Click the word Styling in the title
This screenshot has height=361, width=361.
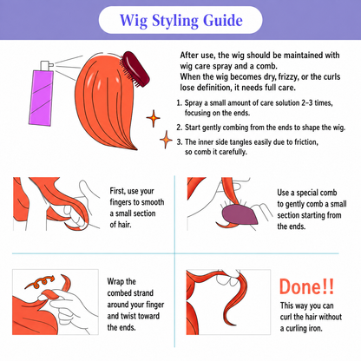click(175, 21)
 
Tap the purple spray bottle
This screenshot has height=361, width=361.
click(41, 97)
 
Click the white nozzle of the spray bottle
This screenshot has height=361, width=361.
click(47, 66)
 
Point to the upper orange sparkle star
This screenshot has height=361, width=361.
click(153, 118)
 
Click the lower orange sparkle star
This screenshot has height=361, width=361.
click(166, 140)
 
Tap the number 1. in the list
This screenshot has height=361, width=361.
click(180, 103)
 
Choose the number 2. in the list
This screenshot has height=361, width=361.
click(180, 128)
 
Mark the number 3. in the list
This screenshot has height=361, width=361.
click(180, 142)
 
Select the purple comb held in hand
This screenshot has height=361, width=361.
click(240, 214)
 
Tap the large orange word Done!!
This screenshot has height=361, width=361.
click(306, 286)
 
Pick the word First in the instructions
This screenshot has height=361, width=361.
click(117, 191)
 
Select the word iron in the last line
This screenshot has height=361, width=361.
click(314, 328)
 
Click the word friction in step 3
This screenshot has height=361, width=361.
click(306, 142)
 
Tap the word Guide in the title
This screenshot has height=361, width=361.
click(223, 20)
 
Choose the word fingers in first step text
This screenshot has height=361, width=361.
click(122, 202)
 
